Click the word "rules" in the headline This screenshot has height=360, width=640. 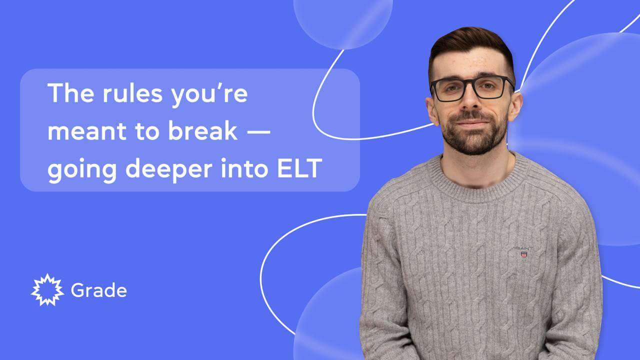coord(132,93)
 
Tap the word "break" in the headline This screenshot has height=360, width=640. coord(203,130)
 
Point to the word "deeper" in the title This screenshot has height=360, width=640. coord(169,170)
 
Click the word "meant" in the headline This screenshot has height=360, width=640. coord(87,131)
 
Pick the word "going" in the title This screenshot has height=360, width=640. coord(82,170)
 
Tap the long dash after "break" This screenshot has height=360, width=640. coord(258,131)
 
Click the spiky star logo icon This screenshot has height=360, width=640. coord(47,290)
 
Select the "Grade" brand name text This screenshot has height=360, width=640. coord(99,290)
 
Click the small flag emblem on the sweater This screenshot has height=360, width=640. coord(524,254)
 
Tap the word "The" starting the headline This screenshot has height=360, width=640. coord(71,93)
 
